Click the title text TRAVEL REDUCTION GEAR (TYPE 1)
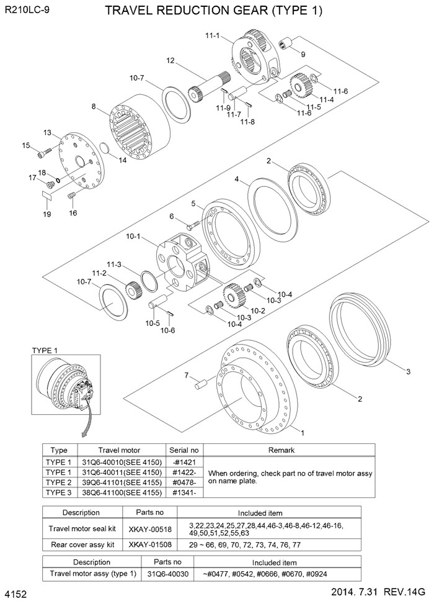[x=214, y=11]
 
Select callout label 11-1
[x=213, y=35]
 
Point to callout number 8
[x=94, y=107]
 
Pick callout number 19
[x=46, y=214]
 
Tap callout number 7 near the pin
[x=185, y=375]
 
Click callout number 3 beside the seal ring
[x=408, y=372]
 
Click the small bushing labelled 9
[x=286, y=45]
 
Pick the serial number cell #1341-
[x=184, y=492]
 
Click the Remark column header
[x=290, y=450]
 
